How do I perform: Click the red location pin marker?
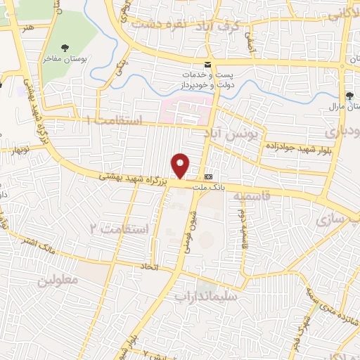(x=181, y=166)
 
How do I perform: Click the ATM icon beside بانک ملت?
(x=208, y=176)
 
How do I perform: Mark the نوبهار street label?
(x=14, y=149)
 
